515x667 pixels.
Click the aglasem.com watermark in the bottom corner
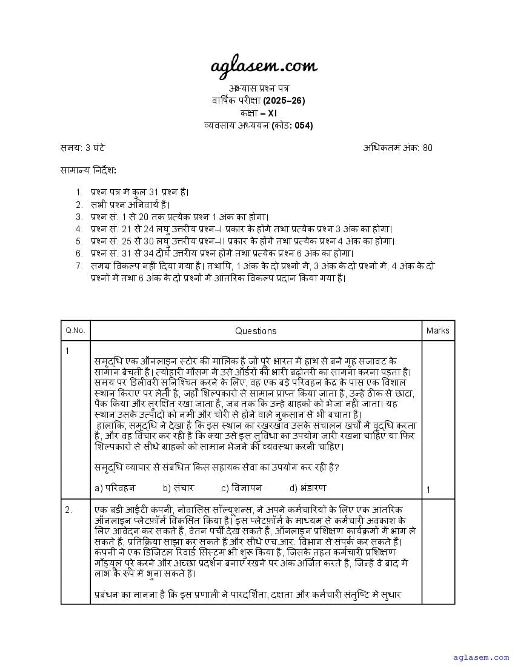[x=481, y=657]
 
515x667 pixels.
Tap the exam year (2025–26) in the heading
[x=284, y=100]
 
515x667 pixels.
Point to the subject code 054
[x=304, y=126]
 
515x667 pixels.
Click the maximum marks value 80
[x=428, y=147]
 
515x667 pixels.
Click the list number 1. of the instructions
[x=79, y=192]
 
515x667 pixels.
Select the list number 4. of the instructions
[x=79, y=229]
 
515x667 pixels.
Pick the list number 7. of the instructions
[x=79, y=266]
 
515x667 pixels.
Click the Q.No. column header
[x=75, y=330]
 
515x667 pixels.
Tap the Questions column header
[x=256, y=330]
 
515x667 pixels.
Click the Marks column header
[x=437, y=330]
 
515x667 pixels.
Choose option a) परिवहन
[x=115, y=488]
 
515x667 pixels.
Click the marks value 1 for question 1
[x=428, y=490]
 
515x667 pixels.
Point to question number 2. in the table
[x=68, y=510]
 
